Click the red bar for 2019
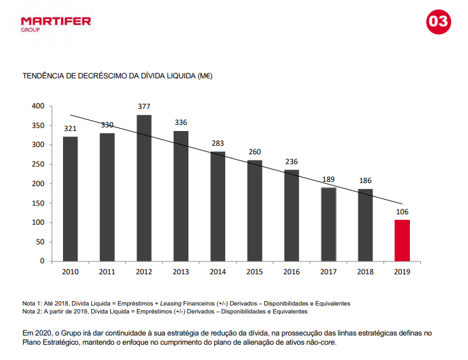point(402,240)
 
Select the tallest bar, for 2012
point(144,188)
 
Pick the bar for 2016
point(291,215)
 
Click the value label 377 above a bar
point(144,107)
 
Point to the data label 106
point(402,212)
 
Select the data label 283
point(218,143)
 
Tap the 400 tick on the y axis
point(39,106)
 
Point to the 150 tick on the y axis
point(39,203)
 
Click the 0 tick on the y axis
point(42,261)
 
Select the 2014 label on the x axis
point(218,271)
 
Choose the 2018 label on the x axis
point(365,271)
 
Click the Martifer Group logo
point(56,23)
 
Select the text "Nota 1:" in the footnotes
point(34,303)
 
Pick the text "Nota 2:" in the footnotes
point(34,311)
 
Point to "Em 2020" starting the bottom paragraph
point(37,332)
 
